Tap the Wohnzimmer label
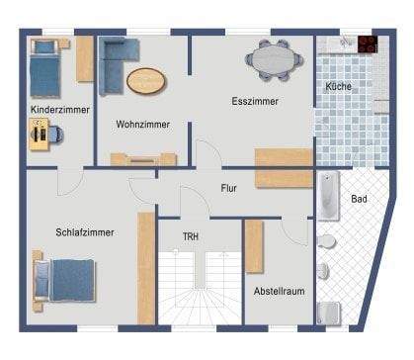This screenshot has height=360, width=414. (x=142, y=125)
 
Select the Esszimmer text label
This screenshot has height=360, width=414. (x=254, y=102)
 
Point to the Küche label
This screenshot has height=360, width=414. (x=338, y=87)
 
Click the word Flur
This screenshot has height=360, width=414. (x=228, y=187)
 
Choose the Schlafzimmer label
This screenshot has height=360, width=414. (x=83, y=232)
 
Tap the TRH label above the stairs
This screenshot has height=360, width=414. (x=192, y=236)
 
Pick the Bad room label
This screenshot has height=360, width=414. (x=359, y=199)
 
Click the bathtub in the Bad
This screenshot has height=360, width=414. (x=328, y=198)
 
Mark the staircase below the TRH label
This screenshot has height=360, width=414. (x=199, y=287)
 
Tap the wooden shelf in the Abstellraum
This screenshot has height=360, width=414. (x=254, y=246)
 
